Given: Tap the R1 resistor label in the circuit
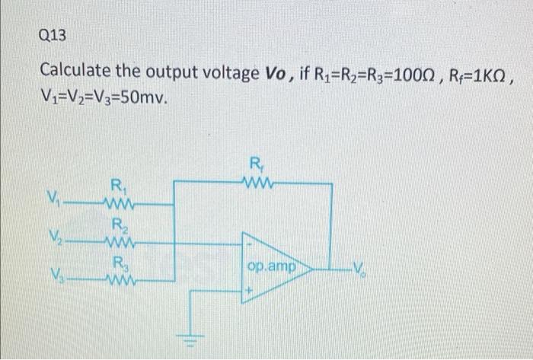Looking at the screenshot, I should point(119,185).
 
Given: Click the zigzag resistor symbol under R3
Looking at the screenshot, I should point(122,280).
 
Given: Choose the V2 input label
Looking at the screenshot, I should point(54,238).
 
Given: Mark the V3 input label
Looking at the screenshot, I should point(54,275).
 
